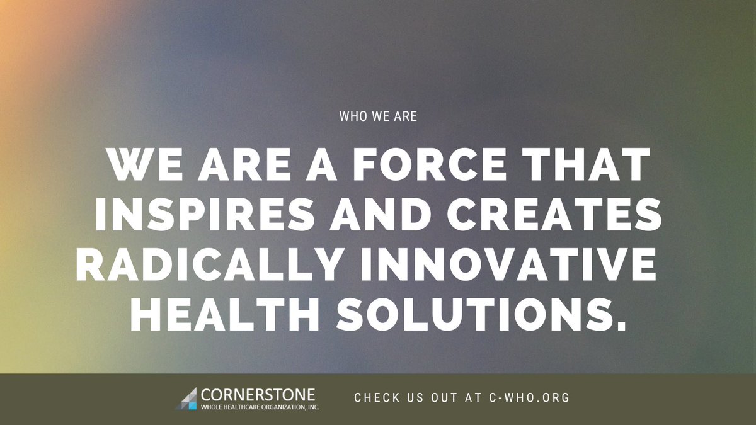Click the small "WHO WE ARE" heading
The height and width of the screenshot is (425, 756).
tap(377, 116)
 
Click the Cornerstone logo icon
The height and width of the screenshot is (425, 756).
tap(186, 398)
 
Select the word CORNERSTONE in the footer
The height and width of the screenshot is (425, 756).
tap(258, 395)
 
